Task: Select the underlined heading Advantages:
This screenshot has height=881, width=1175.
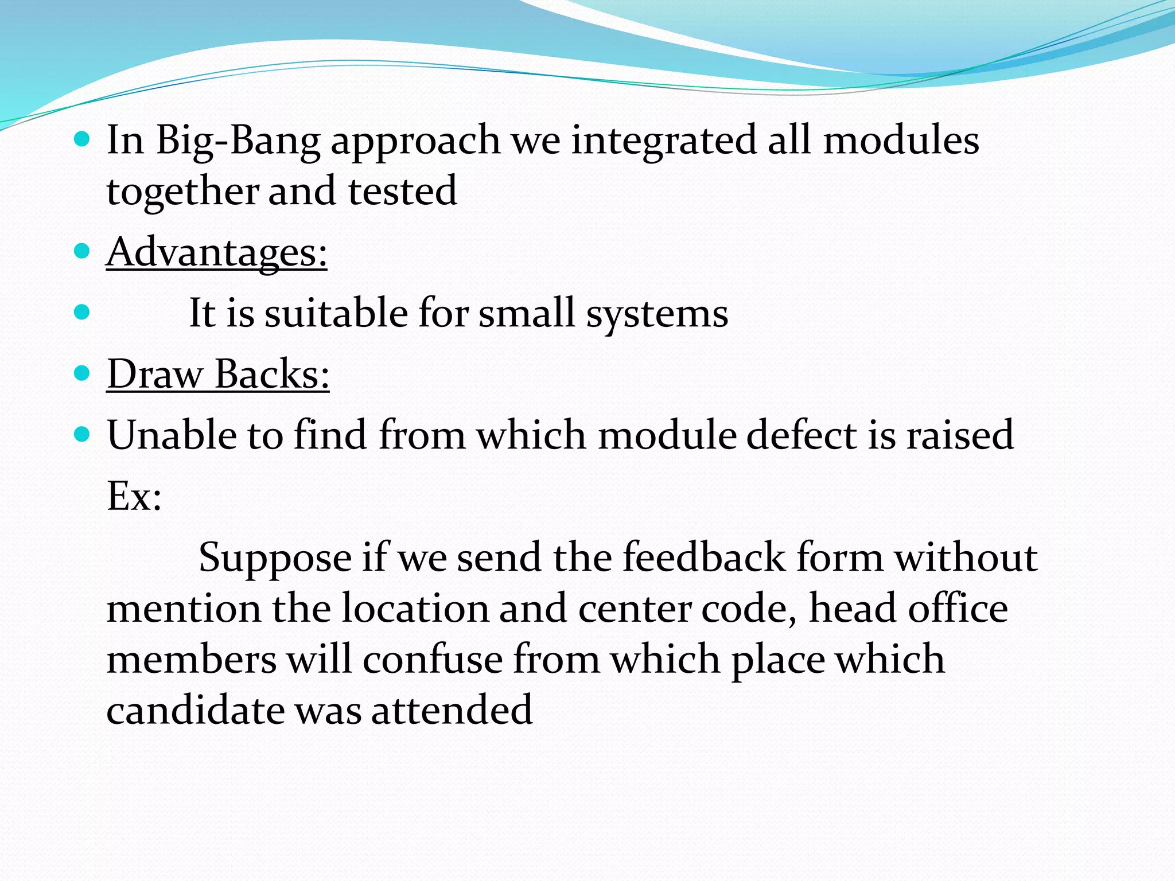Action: [x=217, y=252]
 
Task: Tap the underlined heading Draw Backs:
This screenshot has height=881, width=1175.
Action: [x=218, y=374]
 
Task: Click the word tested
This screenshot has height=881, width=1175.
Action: [x=402, y=190]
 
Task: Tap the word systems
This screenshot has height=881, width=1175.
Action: [x=657, y=314]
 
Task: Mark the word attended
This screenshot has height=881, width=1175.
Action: [x=452, y=710]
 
